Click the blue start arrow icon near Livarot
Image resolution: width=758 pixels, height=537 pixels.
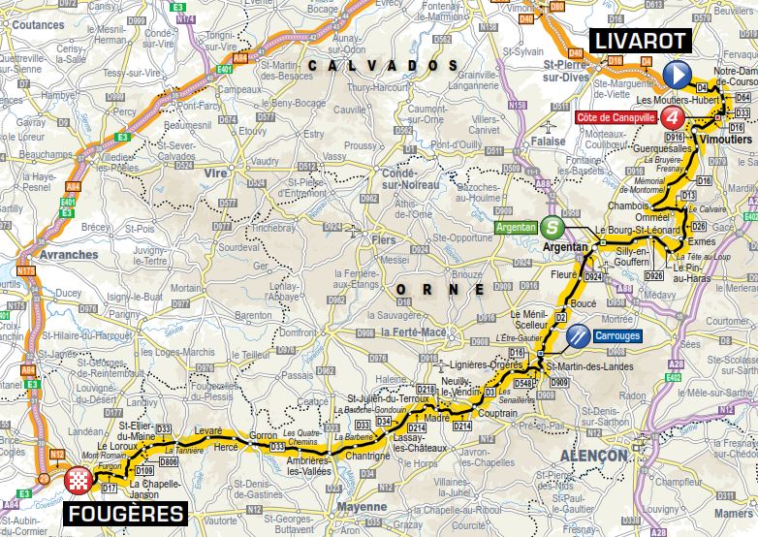[x=678, y=73]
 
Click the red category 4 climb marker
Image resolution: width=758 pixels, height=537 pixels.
[x=675, y=117]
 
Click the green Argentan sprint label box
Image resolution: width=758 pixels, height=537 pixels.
[x=517, y=228]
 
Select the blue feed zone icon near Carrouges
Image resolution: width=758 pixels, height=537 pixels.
[x=578, y=335]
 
